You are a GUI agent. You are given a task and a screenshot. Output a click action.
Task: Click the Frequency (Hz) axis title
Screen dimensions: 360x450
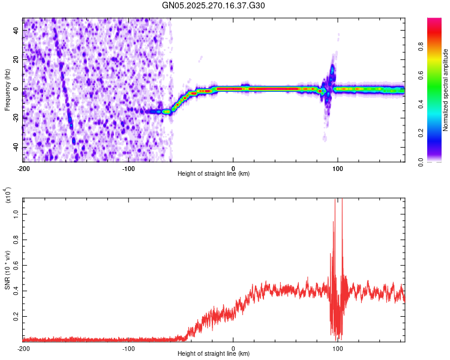7,90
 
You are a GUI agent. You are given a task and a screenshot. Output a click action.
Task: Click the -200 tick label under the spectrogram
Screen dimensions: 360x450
23,167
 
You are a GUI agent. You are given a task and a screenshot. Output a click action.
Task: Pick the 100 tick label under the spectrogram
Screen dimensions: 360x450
338,167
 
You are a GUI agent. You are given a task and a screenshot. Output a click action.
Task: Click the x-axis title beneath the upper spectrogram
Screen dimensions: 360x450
214,174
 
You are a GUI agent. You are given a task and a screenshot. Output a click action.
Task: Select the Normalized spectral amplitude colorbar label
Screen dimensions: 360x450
446,90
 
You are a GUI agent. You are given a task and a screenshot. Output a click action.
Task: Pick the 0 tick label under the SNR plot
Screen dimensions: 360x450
233,348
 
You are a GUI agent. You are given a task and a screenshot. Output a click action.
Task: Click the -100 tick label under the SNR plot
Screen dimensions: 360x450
128,348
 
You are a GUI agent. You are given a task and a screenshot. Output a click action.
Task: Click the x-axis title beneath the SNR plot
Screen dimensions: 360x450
214,355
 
